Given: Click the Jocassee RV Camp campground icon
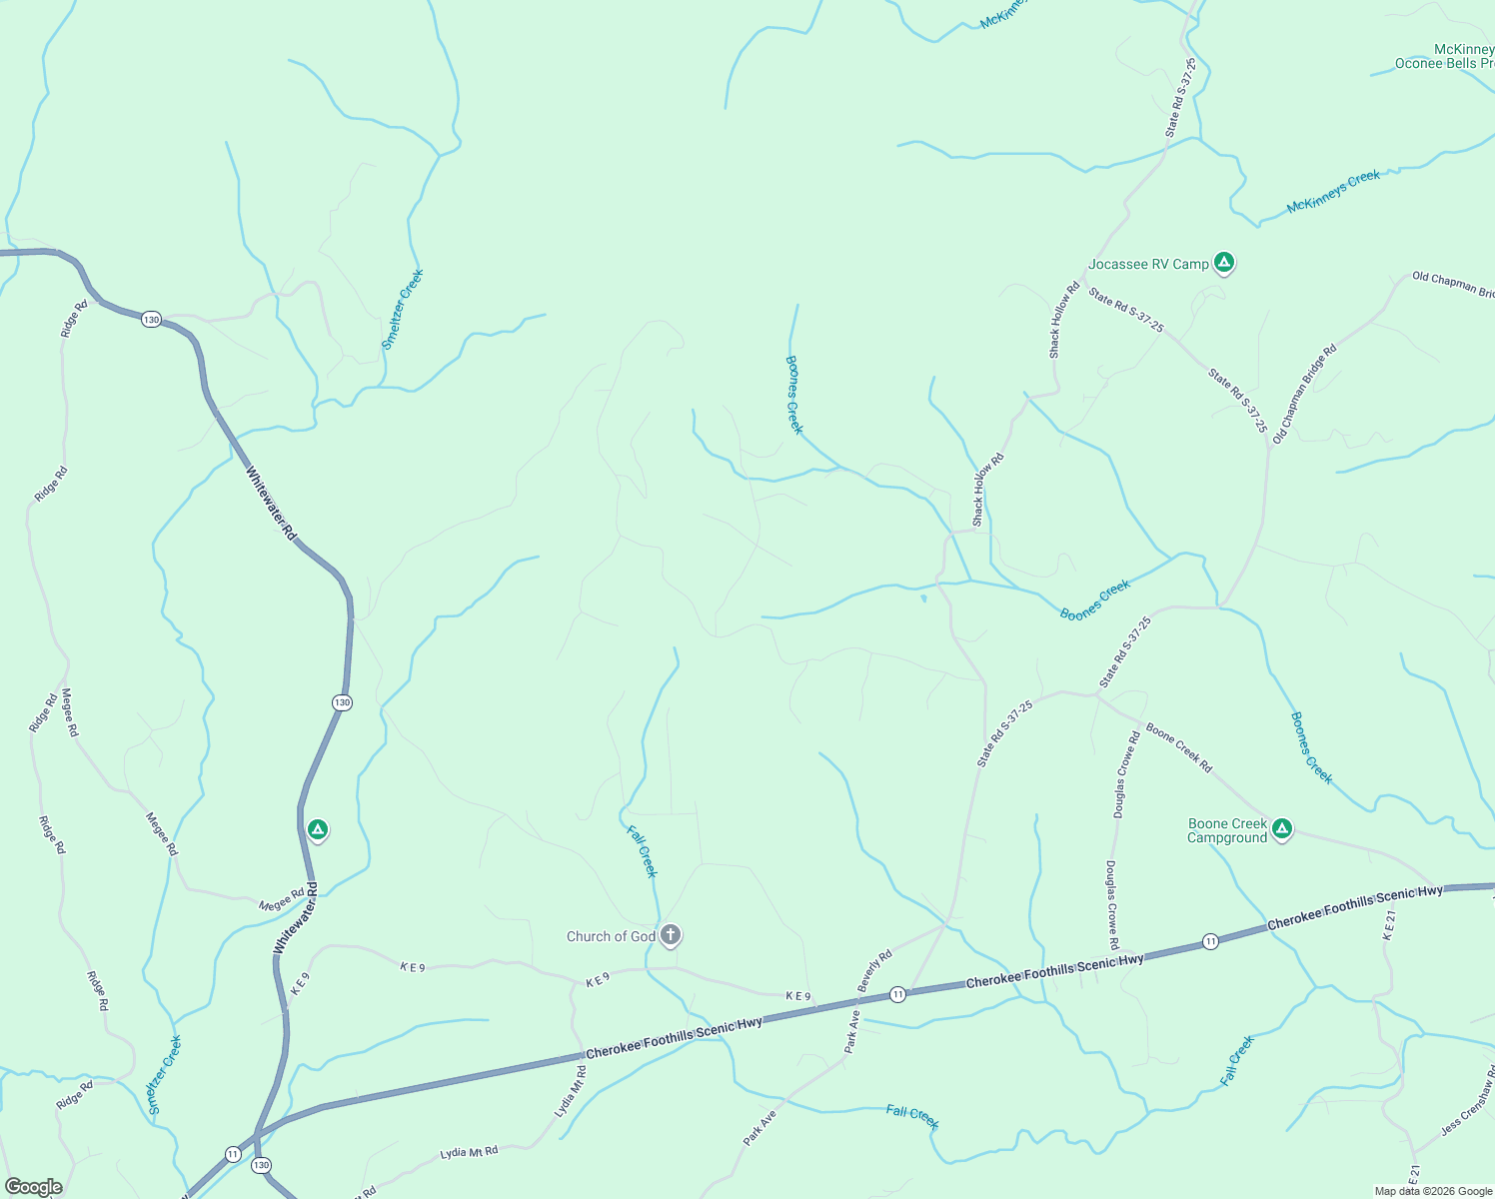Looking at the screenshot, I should (1224, 263).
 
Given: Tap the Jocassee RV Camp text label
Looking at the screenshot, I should (1148, 265).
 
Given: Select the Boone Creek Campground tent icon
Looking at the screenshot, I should (1282, 828).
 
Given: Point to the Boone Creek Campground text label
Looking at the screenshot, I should (1227, 831).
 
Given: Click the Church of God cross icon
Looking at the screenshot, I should (671, 935).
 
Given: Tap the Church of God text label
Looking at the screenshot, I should (611, 936).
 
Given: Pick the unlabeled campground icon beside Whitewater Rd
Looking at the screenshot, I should (318, 829).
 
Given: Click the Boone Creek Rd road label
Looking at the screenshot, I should (1179, 748).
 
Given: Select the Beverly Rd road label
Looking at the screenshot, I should (874, 970).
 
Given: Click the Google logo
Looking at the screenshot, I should (34, 1187).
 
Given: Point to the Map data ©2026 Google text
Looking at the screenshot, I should (1433, 1191).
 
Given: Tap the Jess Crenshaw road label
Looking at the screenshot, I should (1467, 1111).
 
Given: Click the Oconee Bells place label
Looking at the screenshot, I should (1444, 63).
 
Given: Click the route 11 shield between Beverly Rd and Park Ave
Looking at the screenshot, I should (897, 994).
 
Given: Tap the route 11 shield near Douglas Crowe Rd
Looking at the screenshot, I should (1210, 941).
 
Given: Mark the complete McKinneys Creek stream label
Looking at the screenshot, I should (1333, 192).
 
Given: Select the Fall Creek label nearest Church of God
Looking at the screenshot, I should (642, 851).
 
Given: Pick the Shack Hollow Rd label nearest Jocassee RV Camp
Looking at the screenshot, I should (1063, 320).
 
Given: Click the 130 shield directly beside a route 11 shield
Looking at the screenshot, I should (261, 1165).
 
